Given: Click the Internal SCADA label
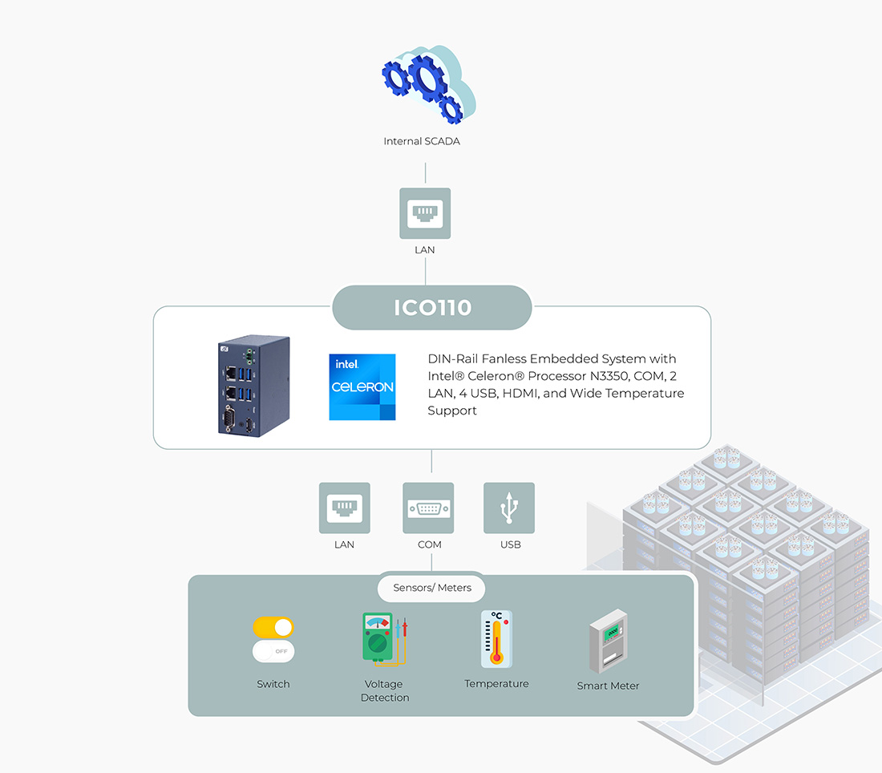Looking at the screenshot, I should (422, 141).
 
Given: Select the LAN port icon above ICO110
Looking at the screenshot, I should (425, 213).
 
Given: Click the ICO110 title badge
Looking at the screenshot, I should (432, 308).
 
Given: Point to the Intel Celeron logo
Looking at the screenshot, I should (362, 386).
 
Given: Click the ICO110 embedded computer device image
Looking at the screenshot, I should (253, 386).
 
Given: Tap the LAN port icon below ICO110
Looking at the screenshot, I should (345, 508).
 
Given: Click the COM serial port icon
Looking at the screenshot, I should (428, 508).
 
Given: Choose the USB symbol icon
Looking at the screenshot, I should (509, 508).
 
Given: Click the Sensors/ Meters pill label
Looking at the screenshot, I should (432, 588).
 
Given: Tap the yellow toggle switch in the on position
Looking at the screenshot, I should (273, 627).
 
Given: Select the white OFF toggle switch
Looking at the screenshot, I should (273, 651).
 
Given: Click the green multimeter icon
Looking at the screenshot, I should (378, 637).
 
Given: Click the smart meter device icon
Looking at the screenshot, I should (608, 643).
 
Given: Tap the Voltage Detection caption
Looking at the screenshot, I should (384, 690).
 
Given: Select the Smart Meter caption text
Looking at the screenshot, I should (608, 686).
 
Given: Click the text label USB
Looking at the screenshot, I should (510, 544).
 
